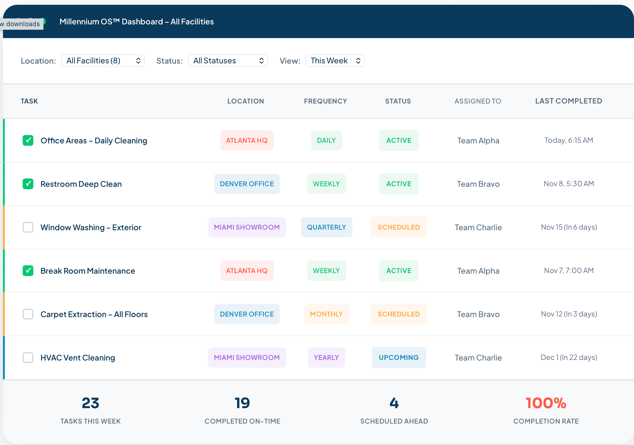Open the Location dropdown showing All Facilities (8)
103,61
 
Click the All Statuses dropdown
228,61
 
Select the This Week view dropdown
335,61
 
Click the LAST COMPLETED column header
569,101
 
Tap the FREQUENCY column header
325,101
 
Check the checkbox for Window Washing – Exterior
28,227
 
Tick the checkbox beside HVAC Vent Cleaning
28,358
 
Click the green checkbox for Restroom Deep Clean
28,184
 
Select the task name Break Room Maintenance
88,271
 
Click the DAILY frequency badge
326,140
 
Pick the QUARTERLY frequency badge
326,227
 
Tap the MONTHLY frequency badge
326,314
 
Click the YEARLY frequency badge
326,358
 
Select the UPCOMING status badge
399,358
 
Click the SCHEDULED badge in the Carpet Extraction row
399,314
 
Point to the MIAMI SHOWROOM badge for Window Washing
247,227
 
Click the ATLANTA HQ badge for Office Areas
247,140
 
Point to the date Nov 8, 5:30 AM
569,184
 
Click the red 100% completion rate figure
546,403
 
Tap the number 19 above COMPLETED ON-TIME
242,403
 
